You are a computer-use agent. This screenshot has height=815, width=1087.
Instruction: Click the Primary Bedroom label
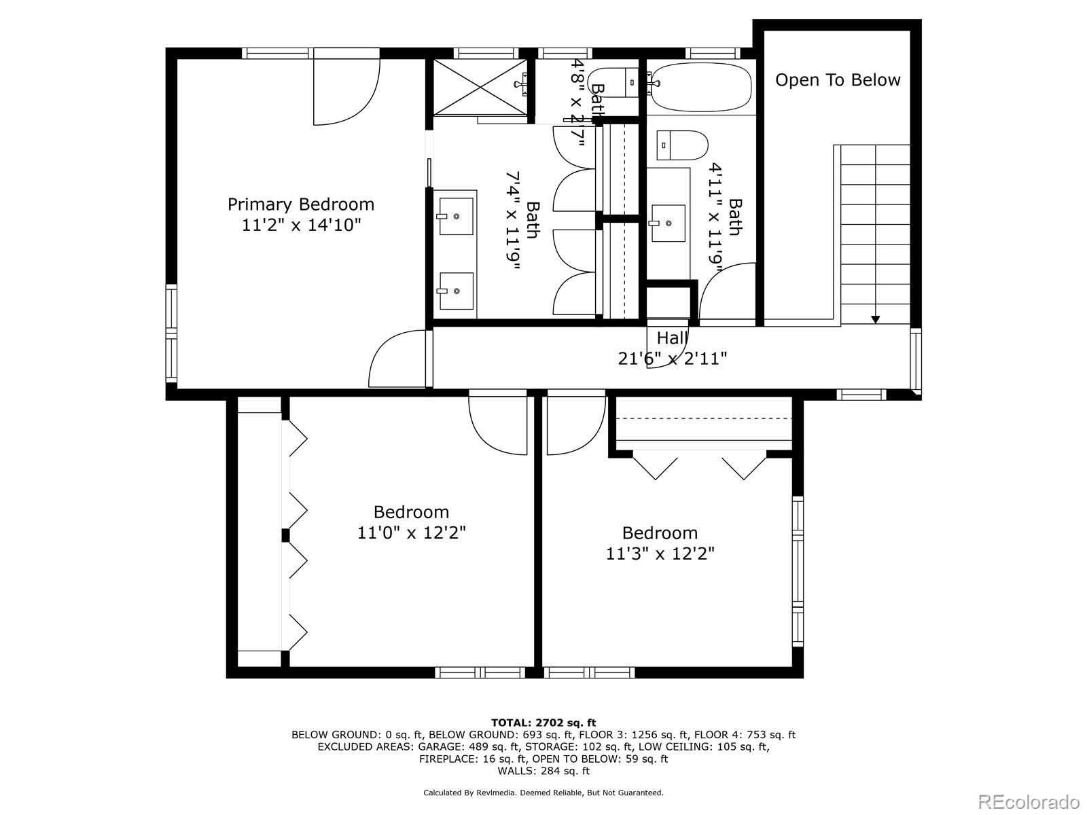coord(300,204)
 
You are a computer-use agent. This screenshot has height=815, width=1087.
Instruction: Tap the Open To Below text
coord(838,80)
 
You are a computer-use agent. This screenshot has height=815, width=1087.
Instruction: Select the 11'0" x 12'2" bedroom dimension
coord(412,532)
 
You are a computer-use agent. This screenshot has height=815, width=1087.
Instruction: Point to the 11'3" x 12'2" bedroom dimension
coord(660,554)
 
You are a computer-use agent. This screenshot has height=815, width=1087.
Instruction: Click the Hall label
coord(672,338)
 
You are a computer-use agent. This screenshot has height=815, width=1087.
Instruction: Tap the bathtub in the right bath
coord(700,87)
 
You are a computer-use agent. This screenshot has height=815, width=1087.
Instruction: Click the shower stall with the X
coord(480,87)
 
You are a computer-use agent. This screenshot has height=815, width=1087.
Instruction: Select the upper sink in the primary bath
coord(456,216)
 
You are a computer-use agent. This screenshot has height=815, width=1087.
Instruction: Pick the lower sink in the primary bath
coord(456,291)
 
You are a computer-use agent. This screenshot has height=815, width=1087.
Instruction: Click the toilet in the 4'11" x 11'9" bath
coord(682,145)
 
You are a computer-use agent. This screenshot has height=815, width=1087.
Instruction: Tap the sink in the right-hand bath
coord(668,222)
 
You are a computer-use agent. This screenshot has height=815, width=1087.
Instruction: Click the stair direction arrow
coord(875,319)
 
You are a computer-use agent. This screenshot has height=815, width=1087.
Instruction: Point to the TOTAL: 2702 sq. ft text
coord(543,723)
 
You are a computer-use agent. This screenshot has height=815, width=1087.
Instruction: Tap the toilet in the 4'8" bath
coord(614,82)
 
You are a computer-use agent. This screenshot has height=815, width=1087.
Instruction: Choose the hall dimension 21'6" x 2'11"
coord(672,359)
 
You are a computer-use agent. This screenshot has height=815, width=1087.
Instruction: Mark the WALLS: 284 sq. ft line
coord(543,771)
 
